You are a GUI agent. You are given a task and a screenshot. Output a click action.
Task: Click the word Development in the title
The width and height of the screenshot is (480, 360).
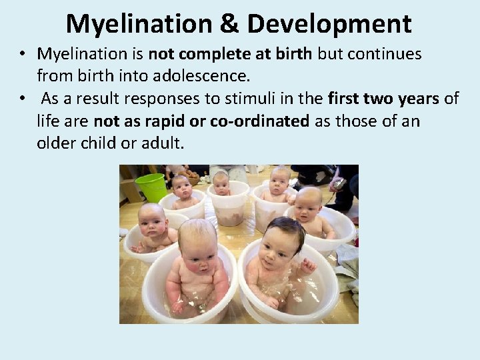[329, 24]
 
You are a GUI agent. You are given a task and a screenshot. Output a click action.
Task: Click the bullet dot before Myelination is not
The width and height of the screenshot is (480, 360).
[23, 53]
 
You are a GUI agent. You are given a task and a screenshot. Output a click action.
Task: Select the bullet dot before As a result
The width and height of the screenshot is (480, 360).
[23, 99]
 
